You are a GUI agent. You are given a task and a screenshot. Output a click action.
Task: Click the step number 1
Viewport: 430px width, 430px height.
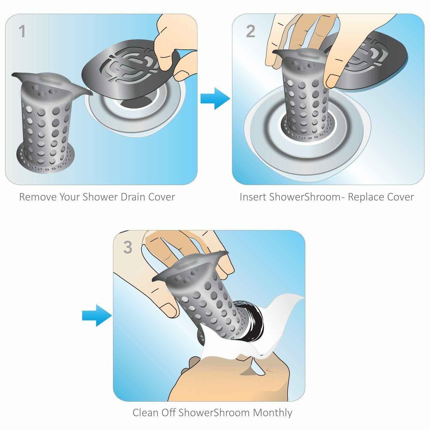(x=22, y=32)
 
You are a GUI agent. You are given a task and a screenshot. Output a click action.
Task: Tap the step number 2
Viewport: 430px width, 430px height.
(x=250, y=32)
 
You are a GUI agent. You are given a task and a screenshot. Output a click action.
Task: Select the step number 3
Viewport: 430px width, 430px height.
(x=128, y=248)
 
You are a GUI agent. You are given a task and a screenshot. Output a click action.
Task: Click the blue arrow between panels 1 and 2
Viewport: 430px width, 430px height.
(x=215, y=99)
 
